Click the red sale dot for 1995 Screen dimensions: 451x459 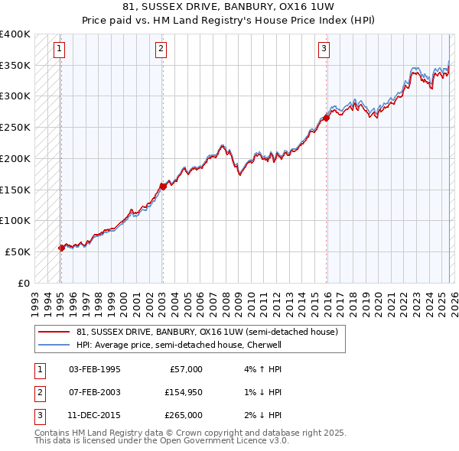(61, 247)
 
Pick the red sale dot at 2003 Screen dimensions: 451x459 (163, 186)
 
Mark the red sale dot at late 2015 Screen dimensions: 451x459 (326, 118)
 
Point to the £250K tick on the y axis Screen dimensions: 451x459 (15, 128)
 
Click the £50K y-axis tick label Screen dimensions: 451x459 (18, 251)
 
